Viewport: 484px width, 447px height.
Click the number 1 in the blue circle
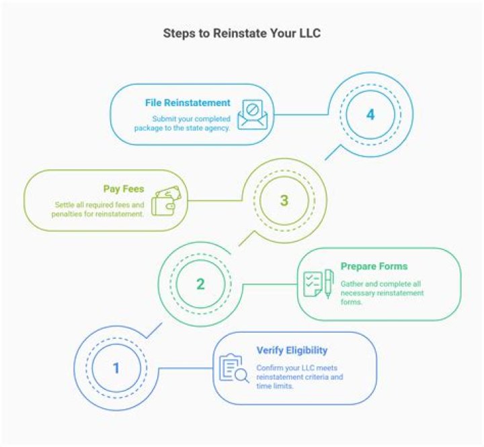pyautogui.click(x=116, y=368)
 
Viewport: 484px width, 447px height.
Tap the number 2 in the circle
pyautogui.click(x=200, y=284)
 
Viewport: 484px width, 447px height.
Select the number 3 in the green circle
pyautogui.click(x=284, y=200)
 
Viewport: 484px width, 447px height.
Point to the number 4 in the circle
pyautogui.click(x=370, y=115)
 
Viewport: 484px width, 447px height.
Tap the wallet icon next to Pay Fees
pyautogui.click(x=165, y=200)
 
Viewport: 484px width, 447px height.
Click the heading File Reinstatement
pyautogui.click(x=188, y=103)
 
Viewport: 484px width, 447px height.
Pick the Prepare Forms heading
pyautogui.click(x=374, y=266)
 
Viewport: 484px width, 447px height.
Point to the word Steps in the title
pyautogui.click(x=178, y=33)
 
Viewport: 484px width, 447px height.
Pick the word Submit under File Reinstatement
pyautogui.click(x=164, y=119)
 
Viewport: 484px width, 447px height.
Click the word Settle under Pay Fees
pyautogui.click(x=66, y=204)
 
